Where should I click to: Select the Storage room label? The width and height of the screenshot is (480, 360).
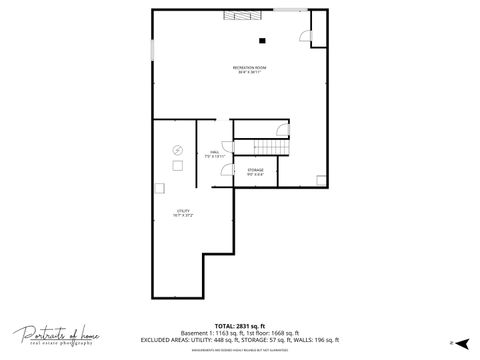(x=256, y=173)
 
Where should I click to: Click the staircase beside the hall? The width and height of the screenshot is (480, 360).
(x=259, y=147)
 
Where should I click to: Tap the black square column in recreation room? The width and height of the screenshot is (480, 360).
(x=262, y=41)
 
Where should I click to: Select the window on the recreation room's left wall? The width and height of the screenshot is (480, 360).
(x=152, y=50)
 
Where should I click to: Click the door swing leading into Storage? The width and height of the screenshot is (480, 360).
(x=227, y=171)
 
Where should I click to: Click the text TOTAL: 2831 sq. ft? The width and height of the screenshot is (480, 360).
(x=240, y=325)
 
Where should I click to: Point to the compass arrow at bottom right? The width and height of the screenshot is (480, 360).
(x=462, y=343)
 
